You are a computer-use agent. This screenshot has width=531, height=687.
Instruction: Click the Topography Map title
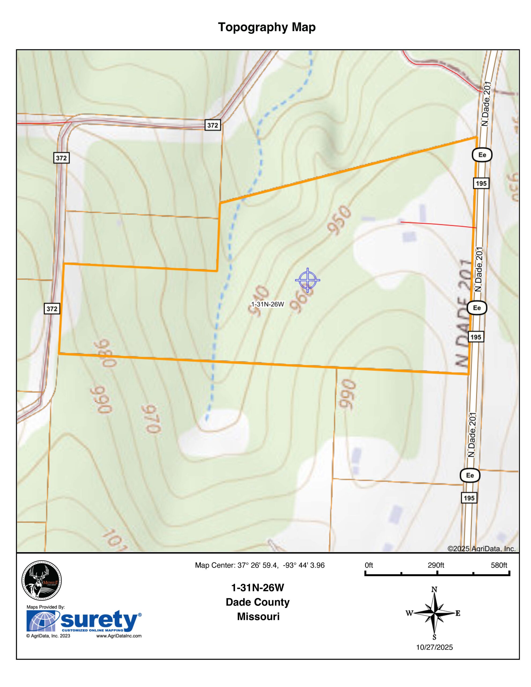coord(266,27)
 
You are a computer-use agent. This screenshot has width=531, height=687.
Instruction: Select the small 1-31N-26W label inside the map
coord(268,304)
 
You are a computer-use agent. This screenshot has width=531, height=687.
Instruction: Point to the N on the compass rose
coord(435,590)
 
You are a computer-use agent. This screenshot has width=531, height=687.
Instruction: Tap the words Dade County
coord(258,602)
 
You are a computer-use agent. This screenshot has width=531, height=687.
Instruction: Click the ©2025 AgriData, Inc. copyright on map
coord(481,549)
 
